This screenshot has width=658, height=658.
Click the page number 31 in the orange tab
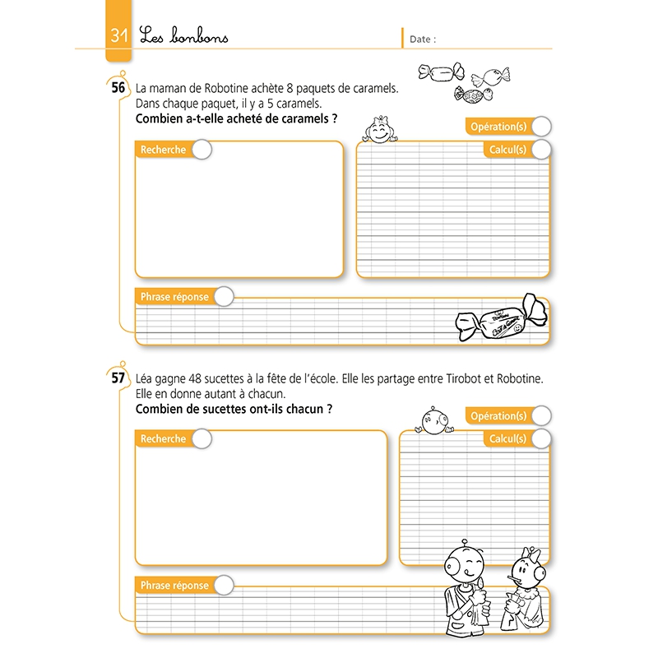118,35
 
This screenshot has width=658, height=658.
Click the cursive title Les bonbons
183,35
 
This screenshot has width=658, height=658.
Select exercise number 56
118,87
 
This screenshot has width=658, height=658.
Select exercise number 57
118,378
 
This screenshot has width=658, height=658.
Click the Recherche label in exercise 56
163,150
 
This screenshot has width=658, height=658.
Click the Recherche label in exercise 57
163,439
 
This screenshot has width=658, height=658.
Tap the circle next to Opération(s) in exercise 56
541,127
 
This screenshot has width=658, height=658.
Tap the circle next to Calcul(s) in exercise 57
541,439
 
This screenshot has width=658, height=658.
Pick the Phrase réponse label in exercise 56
174,297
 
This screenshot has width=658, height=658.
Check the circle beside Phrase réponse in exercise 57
224,586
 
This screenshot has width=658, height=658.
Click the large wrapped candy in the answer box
502,319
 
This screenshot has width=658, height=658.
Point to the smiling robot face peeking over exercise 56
380,130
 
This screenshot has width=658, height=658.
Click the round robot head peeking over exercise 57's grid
434,421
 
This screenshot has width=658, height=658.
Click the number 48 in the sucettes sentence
195,378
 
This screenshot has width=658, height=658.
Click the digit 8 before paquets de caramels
290,89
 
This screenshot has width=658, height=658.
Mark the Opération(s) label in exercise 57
498,416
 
